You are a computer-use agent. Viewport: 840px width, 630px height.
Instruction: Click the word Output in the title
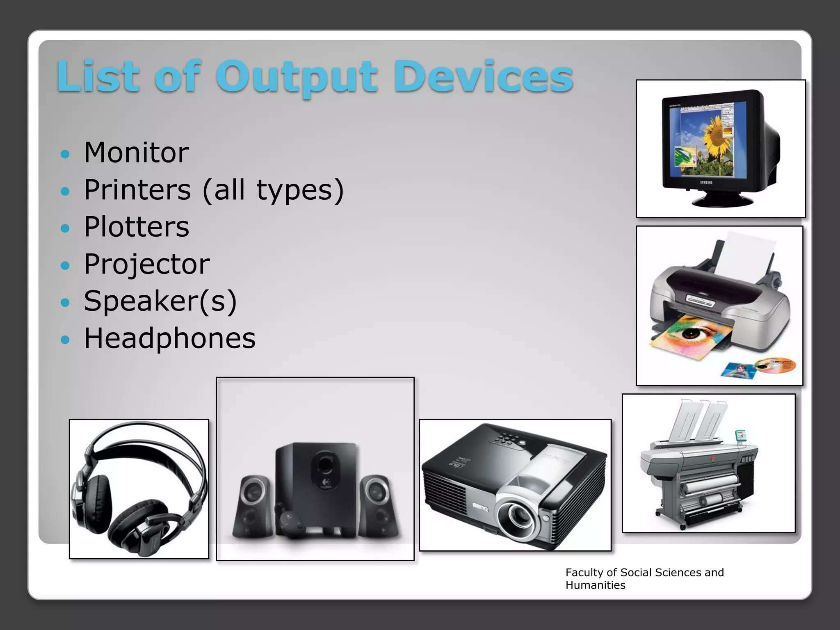(296, 77)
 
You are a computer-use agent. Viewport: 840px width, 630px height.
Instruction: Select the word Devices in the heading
(483, 77)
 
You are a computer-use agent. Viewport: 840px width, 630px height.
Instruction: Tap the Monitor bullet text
(136, 153)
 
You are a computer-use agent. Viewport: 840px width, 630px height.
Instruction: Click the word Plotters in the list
(136, 227)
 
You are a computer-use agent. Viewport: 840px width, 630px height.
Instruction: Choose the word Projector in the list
(146, 264)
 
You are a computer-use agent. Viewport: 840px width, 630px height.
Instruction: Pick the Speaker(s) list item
(160, 301)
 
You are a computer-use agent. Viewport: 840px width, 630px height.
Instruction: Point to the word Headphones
(169, 338)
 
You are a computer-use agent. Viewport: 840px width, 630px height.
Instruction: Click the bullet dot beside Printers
(65, 191)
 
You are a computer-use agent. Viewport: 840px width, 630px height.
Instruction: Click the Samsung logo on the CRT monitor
(706, 182)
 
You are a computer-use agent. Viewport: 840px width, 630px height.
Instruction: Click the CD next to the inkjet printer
(775, 365)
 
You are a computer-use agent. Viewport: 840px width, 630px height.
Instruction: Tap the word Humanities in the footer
(595, 585)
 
